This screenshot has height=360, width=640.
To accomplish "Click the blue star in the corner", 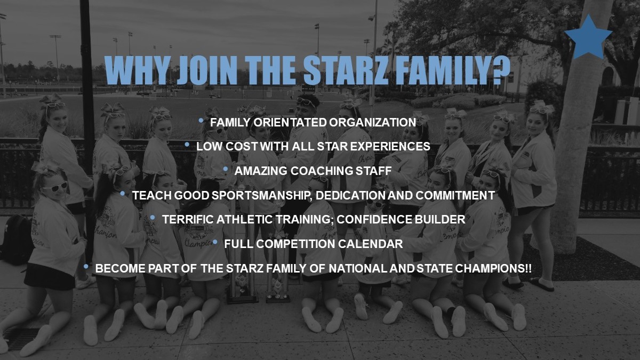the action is (x=588, y=38).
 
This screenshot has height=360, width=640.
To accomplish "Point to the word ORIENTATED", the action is (x=290, y=123).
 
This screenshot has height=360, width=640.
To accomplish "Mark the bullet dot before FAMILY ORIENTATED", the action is (x=201, y=121).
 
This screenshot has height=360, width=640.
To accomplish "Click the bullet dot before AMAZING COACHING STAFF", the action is (x=226, y=169).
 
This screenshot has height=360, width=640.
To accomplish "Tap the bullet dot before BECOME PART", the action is (x=86, y=267).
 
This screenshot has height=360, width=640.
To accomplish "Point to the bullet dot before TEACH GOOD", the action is (x=123, y=194).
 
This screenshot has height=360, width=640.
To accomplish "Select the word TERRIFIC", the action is (x=188, y=219).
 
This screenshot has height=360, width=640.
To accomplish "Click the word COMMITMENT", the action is (x=455, y=196).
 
